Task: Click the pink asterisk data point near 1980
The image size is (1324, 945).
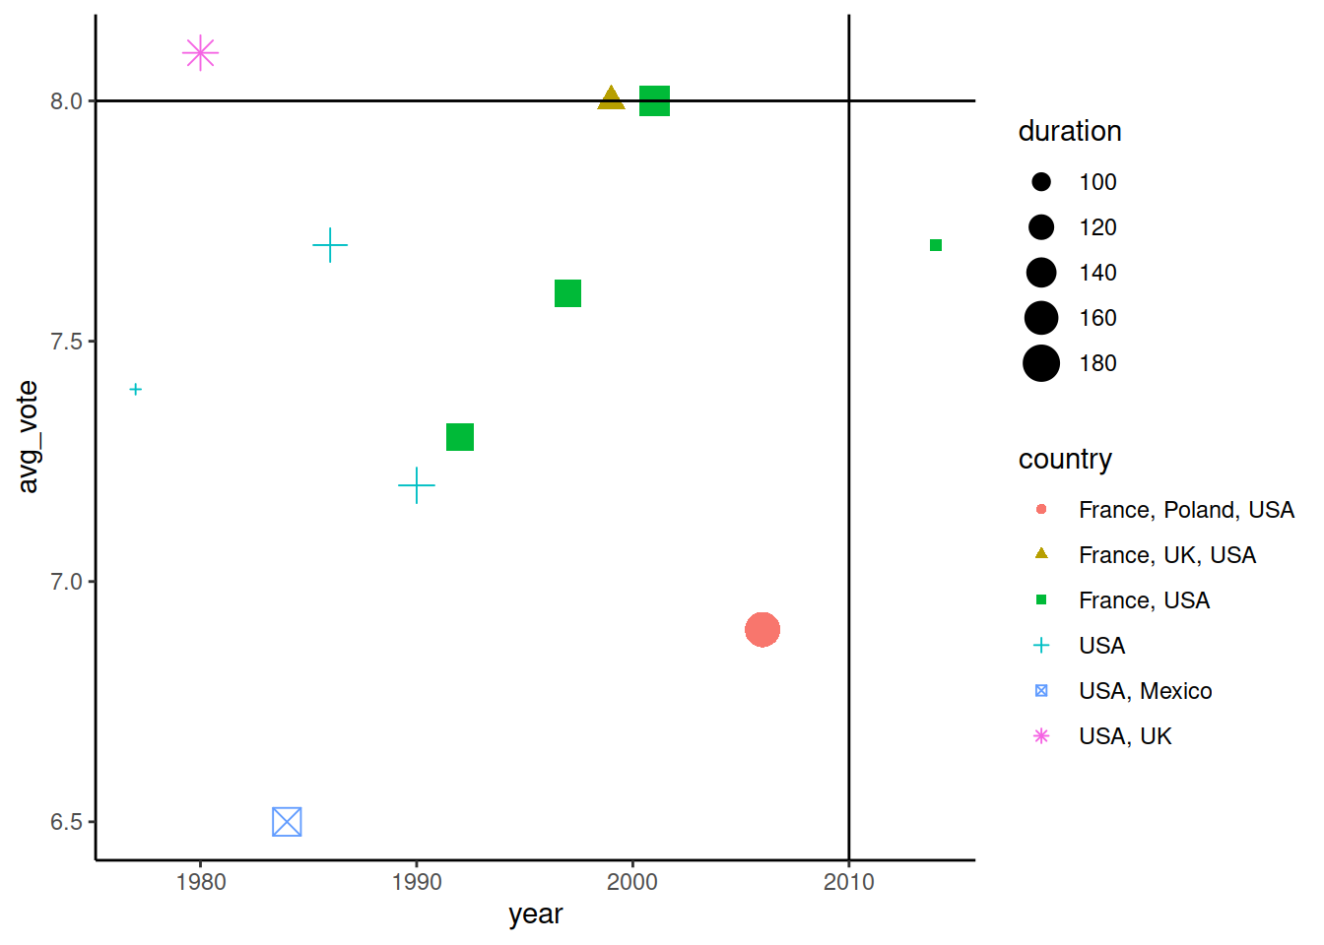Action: (x=200, y=52)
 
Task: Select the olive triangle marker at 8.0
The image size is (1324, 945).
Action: (x=611, y=98)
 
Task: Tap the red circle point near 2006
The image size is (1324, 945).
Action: (x=762, y=629)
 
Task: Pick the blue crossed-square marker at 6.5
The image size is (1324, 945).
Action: (x=287, y=821)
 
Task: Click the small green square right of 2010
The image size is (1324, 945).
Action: (x=936, y=245)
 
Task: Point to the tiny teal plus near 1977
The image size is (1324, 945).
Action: (x=136, y=390)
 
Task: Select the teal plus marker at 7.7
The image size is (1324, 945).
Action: (x=330, y=245)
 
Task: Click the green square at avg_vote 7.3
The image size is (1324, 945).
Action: (x=460, y=437)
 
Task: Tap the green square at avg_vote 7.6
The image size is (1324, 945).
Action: (x=567, y=293)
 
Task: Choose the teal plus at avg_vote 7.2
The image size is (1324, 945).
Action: (x=417, y=485)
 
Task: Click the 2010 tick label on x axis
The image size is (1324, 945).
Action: (x=848, y=882)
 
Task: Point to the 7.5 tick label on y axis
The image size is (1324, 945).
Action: (x=66, y=342)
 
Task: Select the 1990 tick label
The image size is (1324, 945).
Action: (x=417, y=882)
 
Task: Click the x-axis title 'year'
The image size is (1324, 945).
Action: (x=535, y=914)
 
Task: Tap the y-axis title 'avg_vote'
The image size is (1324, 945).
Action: (x=28, y=437)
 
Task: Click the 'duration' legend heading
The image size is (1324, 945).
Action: (x=1069, y=131)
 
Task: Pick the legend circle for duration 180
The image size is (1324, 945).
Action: (x=1041, y=363)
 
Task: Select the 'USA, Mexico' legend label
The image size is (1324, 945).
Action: (x=1145, y=691)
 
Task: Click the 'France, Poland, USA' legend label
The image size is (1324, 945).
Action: (x=1186, y=510)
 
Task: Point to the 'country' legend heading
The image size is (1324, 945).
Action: (x=1065, y=459)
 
